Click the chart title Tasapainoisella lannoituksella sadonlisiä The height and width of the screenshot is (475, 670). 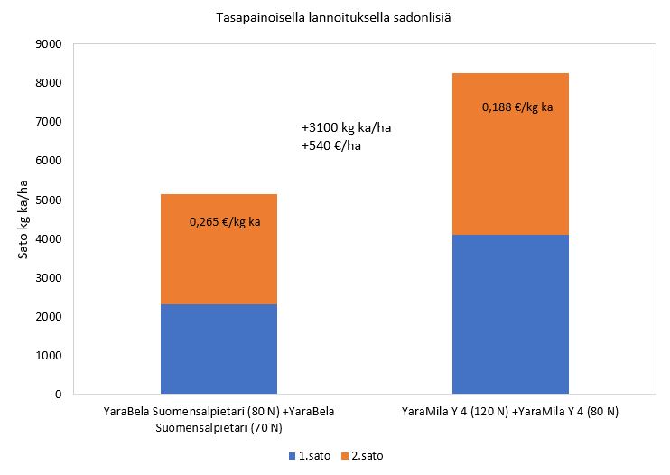334,17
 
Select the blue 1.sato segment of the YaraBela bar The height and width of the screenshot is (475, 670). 219,349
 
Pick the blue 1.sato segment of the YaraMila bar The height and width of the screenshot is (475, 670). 510,314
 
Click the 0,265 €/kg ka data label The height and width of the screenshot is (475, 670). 225,220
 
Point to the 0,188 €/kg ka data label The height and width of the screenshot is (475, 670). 517,107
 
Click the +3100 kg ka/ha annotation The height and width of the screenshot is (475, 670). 346,127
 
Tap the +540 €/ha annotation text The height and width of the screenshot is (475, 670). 331,145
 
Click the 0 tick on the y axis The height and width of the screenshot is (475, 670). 57,395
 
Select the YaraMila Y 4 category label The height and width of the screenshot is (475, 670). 510,412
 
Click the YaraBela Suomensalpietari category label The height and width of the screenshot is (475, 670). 219,419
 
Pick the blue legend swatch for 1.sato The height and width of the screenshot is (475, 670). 292,456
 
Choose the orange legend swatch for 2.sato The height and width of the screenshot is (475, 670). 345,456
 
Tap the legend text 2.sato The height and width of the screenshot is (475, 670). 368,456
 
